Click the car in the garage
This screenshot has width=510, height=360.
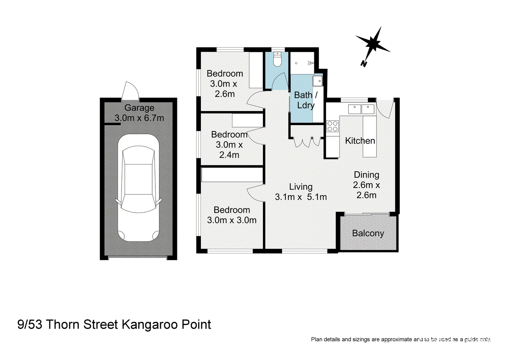pyautogui.click(x=138, y=188)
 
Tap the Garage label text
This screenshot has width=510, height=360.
pyautogui.click(x=139, y=108)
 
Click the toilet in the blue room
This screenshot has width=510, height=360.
pyautogui.click(x=277, y=59)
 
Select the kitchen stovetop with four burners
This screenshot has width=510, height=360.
pyautogui.click(x=332, y=126)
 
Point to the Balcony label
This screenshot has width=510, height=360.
pyautogui.click(x=368, y=233)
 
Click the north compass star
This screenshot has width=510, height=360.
pyautogui.click(x=373, y=43)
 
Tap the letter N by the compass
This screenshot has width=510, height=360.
pyautogui.click(x=364, y=64)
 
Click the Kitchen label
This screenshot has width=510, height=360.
pyautogui.click(x=360, y=141)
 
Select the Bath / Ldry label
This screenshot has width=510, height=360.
pyautogui.click(x=306, y=100)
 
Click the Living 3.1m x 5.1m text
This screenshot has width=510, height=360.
pyautogui.click(x=301, y=192)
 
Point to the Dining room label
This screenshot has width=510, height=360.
pyautogui.click(x=366, y=175)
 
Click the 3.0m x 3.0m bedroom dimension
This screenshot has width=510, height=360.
pyautogui.click(x=232, y=220)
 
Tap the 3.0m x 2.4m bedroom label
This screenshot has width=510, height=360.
pyautogui.click(x=229, y=145)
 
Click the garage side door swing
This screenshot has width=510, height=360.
pyautogui.click(x=130, y=91)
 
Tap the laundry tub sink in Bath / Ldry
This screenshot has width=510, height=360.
pyautogui.click(x=318, y=81)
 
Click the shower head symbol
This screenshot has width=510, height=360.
pyautogui.click(x=310, y=63)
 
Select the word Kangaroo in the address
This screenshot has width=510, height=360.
pyautogui.click(x=150, y=325)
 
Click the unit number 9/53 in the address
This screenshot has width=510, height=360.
pyautogui.click(x=30, y=324)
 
